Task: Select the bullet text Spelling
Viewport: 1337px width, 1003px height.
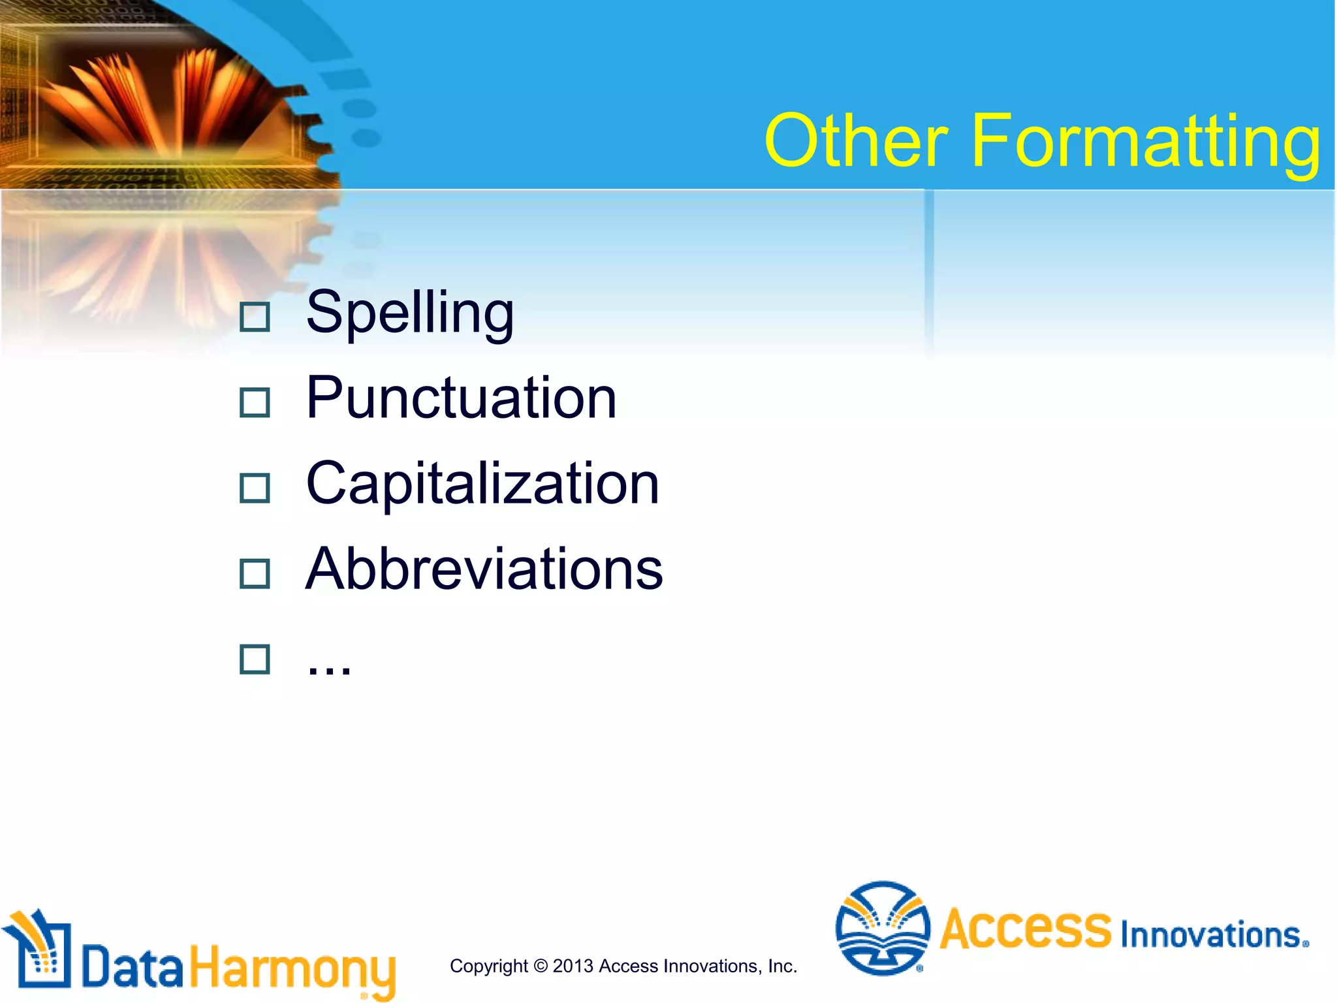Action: pyautogui.click(x=410, y=313)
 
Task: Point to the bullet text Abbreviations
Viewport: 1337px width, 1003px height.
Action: pyautogui.click(x=484, y=569)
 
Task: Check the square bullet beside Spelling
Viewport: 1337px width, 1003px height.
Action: pyautogui.click(x=255, y=317)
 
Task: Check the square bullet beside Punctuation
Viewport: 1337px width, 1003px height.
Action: pyautogui.click(x=255, y=403)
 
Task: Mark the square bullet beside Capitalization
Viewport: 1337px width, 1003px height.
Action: pyautogui.click(x=255, y=488)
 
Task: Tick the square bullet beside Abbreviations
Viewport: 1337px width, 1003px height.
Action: pyautogui.click(x=255, y=574)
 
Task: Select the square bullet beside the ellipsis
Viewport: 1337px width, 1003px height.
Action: pyautogui.click(x=255, y=660)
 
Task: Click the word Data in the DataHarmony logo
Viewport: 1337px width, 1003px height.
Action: pyautogui.click(x=133, y=966)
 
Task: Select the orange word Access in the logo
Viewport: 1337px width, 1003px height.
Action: pyautogui.click(x=1025, y=929)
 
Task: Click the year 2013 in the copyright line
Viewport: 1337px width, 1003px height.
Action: pyautogui.click(x=573, y=966)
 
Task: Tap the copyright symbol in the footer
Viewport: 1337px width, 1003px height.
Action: pyautogui.click(x=540, y=966)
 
